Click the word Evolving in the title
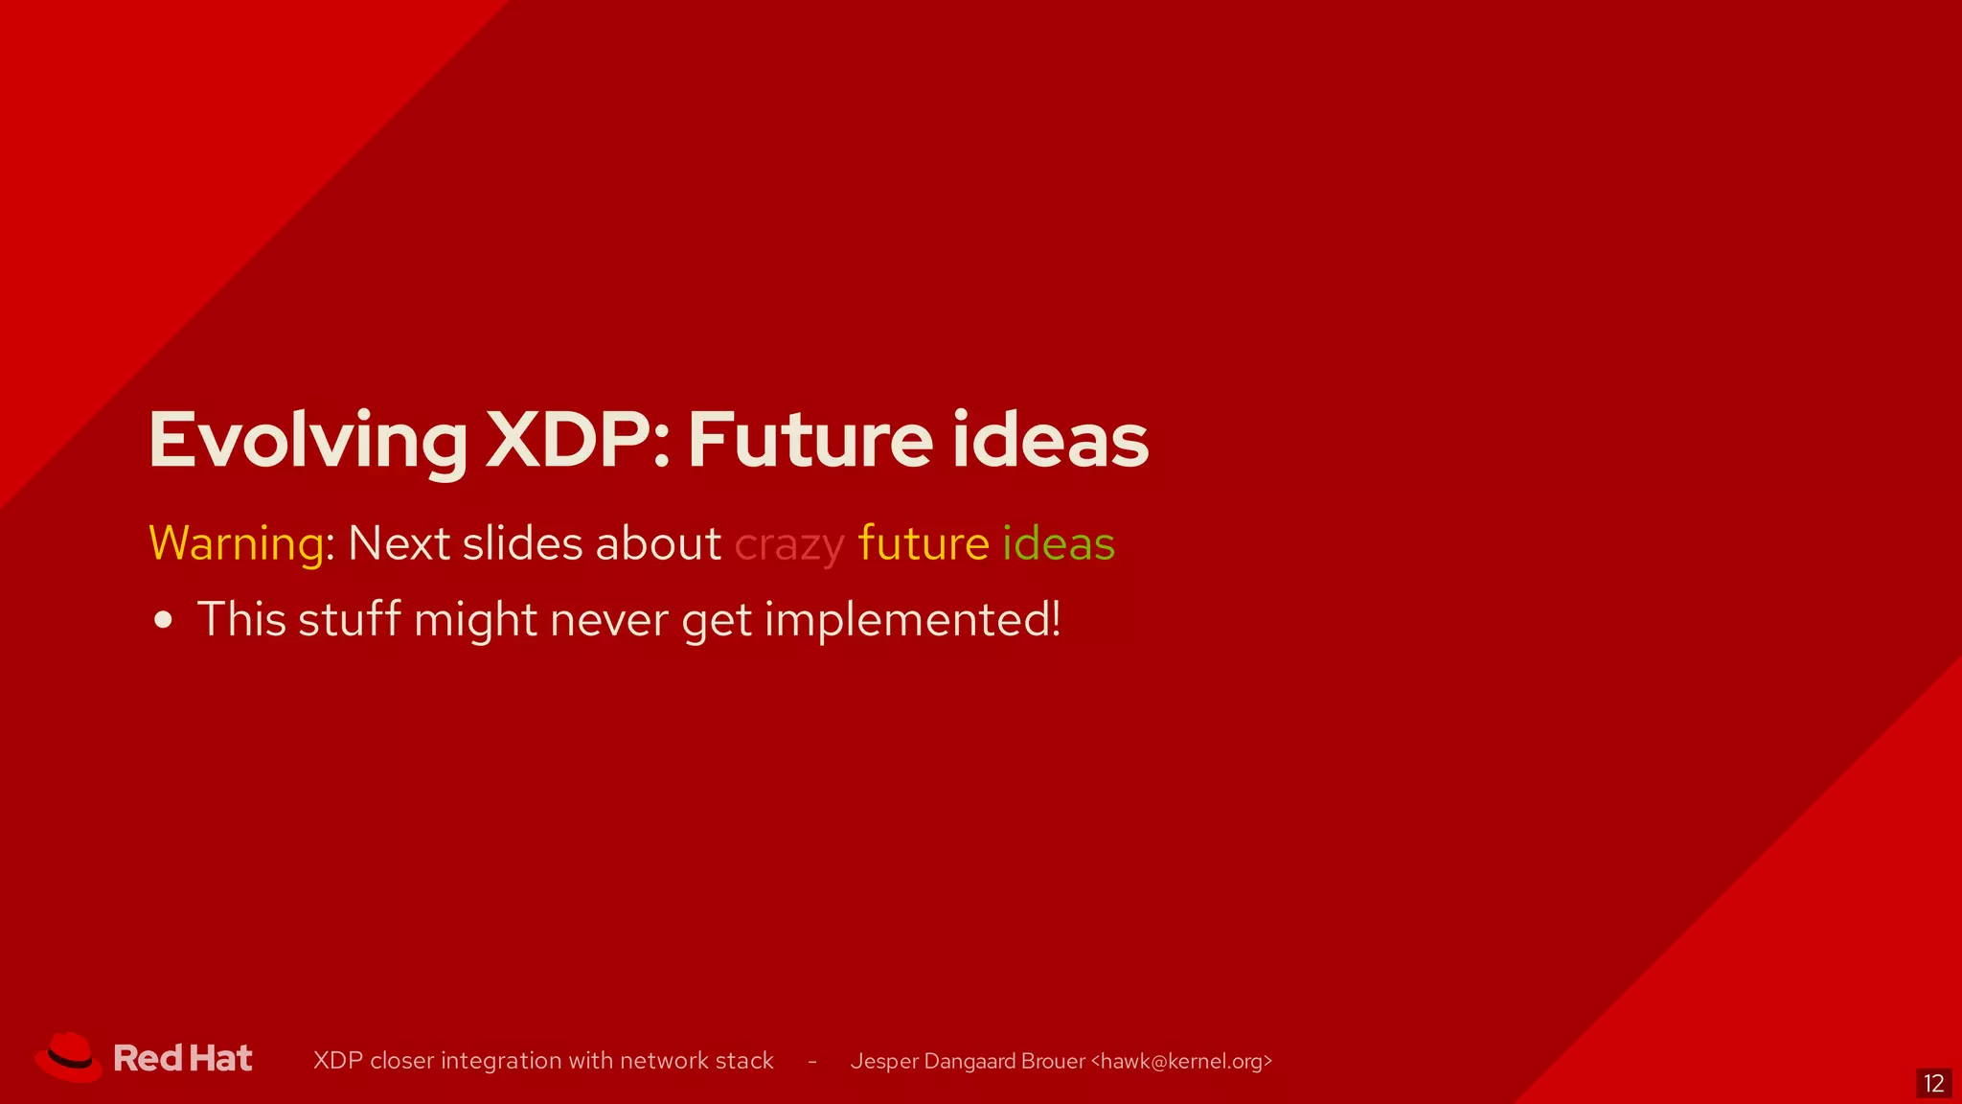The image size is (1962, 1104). (x=308, y=441)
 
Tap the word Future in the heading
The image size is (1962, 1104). (x=810, y=441)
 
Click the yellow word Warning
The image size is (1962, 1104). (x=237, y=543)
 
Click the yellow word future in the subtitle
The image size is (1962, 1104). (x=924, y=543)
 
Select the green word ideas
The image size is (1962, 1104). (x=1059, y=543)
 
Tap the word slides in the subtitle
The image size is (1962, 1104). (x=522, y=543)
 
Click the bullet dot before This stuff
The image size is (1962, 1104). (x=164, y=620)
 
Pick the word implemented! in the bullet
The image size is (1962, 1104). (x=913, y=620)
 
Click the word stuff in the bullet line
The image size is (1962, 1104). (x=349, y=620)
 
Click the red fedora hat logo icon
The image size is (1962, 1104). (x=68, y=1058)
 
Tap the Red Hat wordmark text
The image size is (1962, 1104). (x=183, y=1059)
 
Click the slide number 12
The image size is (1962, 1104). (x=1933, y=1084)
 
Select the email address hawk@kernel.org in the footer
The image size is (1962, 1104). (x=1181, y=1061)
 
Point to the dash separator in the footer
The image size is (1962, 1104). (x=812, y=1062)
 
